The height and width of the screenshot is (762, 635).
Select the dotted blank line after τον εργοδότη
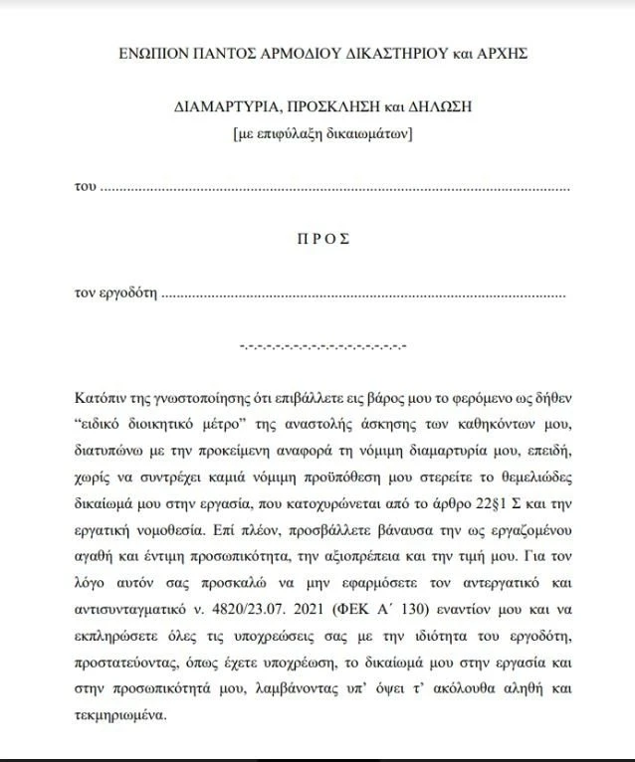[363, 295]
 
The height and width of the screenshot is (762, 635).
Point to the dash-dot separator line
[322, 347]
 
